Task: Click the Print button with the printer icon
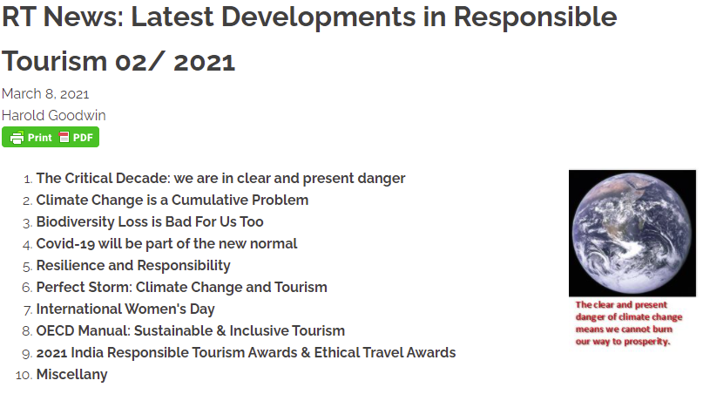31,137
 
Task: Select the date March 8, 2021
45,94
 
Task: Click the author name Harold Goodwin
54,115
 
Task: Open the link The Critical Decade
220,178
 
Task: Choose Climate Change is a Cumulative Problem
172,200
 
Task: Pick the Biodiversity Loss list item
150,221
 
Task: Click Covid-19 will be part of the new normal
166,243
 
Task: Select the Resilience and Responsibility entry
133,265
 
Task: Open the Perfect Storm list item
181,287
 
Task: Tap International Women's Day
125,309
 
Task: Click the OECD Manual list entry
191,330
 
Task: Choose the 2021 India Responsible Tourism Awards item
246,352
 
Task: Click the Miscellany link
71,374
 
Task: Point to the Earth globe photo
632,234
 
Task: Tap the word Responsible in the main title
536,18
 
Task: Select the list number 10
24,375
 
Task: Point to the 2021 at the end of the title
204,62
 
